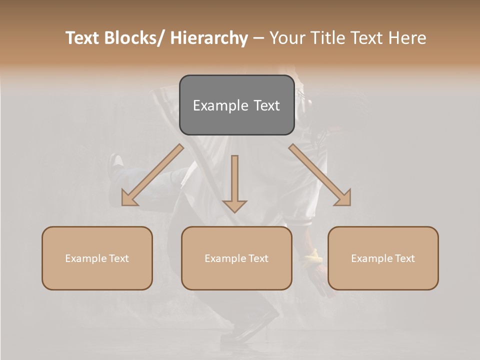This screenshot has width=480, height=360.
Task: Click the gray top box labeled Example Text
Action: (x=236, y=105)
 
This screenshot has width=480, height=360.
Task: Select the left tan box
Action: (x=97, y=258)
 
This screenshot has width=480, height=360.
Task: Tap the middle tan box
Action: (x=236, y=258)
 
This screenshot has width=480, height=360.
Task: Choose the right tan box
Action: (x=383, y=258)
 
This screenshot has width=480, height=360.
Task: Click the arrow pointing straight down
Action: (x=234, y=183)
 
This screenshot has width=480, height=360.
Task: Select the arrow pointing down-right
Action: (x=320, y=175)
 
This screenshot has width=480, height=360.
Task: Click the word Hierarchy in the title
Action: (x=209, y=38)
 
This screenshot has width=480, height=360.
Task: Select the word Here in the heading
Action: (x=407, y=38)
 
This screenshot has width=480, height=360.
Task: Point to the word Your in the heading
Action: (x=286, y=38)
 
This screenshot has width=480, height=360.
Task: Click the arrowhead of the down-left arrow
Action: (x=129, y=199)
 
